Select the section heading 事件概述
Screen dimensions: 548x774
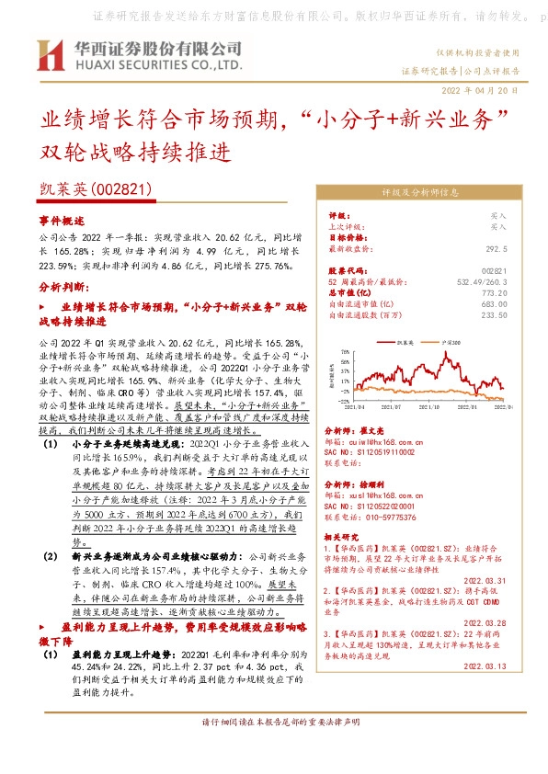(x=62, y=222)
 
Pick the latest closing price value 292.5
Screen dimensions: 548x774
(x=496, y=248)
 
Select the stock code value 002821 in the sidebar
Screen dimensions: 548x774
(x=494, y=271)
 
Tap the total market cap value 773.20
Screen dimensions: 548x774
(x=494, y=293)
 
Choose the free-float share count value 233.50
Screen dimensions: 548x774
(x=494, y=315)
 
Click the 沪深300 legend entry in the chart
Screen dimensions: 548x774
(x=450, y=341)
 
